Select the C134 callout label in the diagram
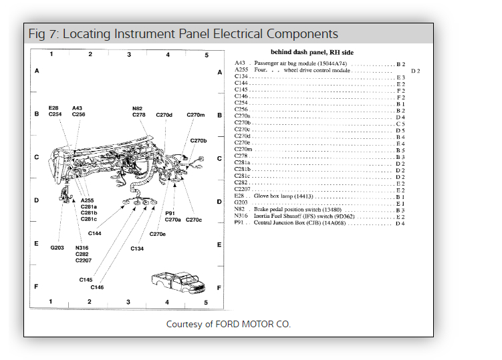[x=137, y=248]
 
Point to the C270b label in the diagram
[x=199, y=141]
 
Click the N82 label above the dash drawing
[x=137, y=108]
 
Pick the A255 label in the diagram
[x=87, y=200]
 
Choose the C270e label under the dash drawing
[x=158, y=234]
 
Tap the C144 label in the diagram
[x=94, y=233]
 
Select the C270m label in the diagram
[x=195, y=115]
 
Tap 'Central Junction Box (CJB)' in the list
[x=295, y=223]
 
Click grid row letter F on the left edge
[x=37, y=287]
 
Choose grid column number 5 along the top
[x=207, y=54]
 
